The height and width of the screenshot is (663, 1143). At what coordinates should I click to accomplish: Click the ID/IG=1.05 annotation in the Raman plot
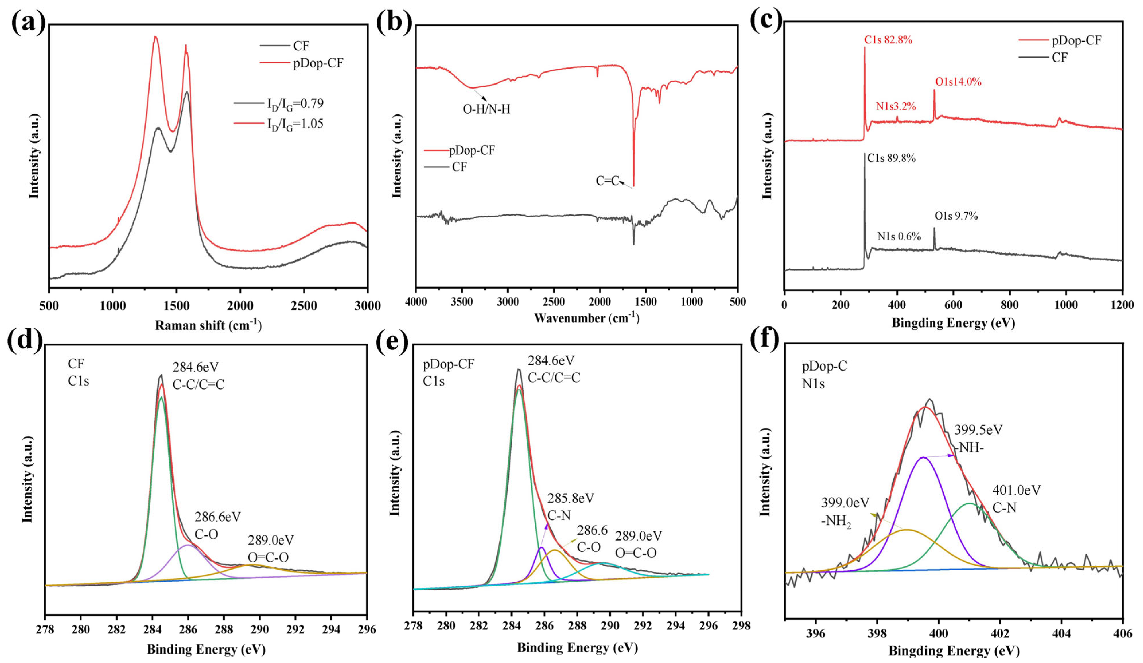[x=295, y=124]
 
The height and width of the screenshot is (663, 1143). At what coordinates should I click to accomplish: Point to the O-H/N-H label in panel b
[x=486, y=109]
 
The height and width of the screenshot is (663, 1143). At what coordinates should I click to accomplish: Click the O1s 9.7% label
[x=956, y=216]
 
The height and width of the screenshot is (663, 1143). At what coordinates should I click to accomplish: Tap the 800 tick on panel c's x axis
[x=1009, y=305]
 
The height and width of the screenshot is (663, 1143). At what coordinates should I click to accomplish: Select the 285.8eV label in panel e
[x=570, y=498]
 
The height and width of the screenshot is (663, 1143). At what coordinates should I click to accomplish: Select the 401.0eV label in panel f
[x=1016, y=490]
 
